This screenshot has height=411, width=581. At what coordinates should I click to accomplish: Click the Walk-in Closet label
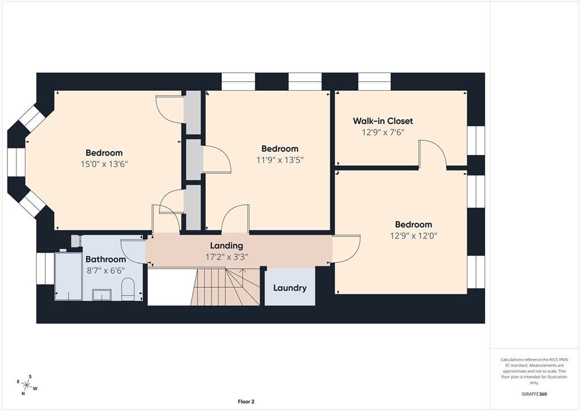382,121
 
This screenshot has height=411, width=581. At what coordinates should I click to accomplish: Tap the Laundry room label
290,288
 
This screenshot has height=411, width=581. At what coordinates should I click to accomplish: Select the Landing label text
226,246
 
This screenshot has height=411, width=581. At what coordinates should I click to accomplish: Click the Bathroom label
106,259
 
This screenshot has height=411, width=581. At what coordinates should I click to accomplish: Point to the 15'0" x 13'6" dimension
104,164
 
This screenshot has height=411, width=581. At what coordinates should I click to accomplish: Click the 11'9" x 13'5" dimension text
280,160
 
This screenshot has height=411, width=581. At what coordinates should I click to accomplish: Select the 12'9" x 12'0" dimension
414,236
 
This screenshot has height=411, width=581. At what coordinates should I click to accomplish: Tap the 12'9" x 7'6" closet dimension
383,132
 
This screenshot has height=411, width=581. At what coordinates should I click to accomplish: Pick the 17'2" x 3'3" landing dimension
226,257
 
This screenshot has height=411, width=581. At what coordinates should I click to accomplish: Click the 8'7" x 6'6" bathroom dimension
106,271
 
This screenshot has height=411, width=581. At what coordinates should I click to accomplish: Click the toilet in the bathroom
128,289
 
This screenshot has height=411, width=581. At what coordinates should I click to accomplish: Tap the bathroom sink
102,295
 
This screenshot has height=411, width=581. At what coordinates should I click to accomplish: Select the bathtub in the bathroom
69,276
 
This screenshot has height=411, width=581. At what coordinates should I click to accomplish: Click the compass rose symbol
27,385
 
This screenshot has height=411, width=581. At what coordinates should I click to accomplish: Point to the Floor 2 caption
246,401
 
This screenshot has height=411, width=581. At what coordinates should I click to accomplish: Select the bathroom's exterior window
45,269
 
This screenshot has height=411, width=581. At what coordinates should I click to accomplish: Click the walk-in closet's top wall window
374,82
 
